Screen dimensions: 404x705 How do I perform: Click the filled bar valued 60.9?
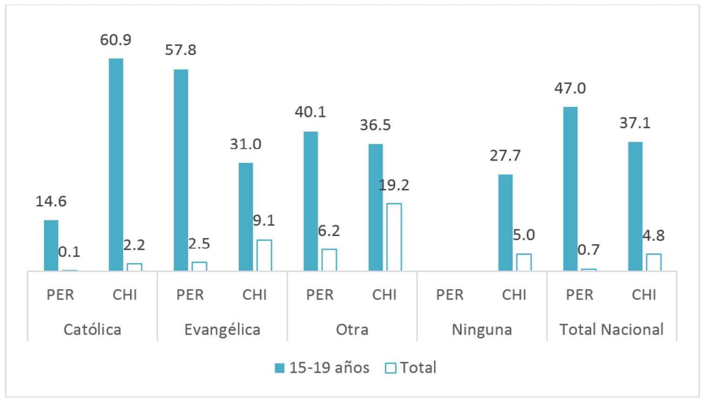(x=116, y=164)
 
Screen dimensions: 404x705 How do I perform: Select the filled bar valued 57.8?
(x=181, y=170)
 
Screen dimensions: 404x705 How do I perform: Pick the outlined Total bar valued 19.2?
(x=394, y=237)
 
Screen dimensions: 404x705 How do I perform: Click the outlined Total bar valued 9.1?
(x=264, y=255)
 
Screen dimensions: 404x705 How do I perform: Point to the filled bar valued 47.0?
(x=570, y=188)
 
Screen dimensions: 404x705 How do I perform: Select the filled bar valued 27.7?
(x=505, y=222)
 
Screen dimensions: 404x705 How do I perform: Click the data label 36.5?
(x=375, y=125)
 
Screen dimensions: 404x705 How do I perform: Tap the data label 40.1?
(x=310, y=112)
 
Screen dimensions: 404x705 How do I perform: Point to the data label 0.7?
(x=589, y=250)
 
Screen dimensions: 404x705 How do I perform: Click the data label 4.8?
(x=653, y=236)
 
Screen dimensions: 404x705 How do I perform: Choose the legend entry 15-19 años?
(x=322, y=368)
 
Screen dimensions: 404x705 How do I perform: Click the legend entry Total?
(x=411, y=368)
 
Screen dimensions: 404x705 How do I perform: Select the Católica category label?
(x=92, y=329)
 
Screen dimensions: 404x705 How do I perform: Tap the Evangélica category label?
(x=222, y=329)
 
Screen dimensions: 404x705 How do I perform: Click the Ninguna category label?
(x=482, y=329)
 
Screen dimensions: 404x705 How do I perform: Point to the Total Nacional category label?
(x=611, y=329)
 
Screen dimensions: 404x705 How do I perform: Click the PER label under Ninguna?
(x=450, y=295)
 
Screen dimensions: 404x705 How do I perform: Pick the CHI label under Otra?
(x=384, y=295)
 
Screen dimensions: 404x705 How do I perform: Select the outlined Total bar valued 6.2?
(x=329, y=260)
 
